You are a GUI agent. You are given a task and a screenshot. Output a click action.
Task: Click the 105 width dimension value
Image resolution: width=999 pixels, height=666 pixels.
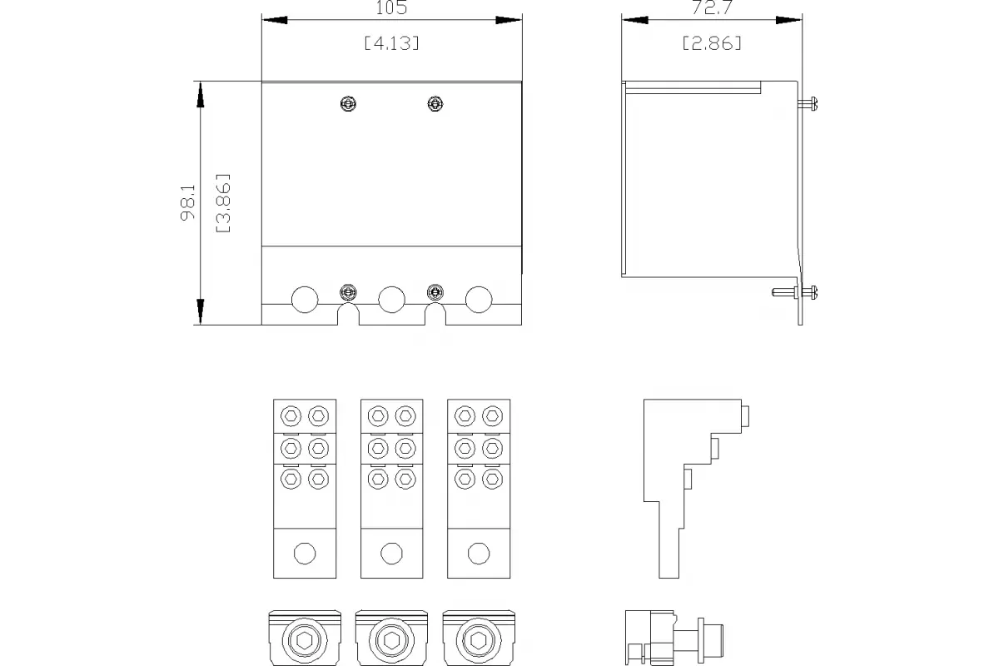click(391, 7)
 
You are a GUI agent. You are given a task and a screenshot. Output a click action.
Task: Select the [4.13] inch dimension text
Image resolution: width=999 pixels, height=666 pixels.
click(391, 43)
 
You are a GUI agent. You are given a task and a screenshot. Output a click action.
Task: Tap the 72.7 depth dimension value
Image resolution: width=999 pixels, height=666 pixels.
click(712, 7)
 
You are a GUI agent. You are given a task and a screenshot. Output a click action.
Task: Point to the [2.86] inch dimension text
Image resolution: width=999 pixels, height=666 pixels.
click(712, 43)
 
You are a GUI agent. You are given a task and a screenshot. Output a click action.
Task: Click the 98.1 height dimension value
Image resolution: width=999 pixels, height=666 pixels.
click(188, 202)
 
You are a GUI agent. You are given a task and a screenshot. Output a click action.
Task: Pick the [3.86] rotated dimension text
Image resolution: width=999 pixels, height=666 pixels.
click(223, 203)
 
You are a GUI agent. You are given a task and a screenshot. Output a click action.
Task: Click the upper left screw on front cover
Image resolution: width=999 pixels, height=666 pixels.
click(348, 104)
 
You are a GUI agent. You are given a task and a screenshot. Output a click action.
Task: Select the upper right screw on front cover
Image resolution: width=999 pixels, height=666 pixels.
click(435, 104)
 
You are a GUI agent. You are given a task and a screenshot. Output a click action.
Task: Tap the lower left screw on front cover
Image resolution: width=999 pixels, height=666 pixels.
click(348, 293)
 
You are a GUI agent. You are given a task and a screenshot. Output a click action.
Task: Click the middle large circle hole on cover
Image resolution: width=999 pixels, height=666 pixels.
click(391, 300)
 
